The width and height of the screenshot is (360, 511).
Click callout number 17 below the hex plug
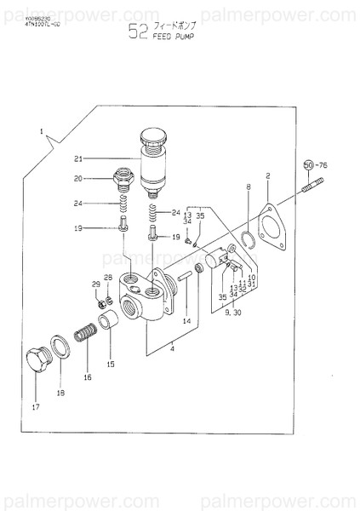(35, 406)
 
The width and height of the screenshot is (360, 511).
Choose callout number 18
(60, 393)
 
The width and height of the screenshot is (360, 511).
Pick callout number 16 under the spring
(86, 376)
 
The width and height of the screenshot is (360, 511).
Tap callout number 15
(110, 364)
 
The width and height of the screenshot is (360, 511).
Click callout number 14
(186, 322)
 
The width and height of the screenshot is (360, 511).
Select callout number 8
(249, 186)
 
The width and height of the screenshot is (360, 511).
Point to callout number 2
(267, 176)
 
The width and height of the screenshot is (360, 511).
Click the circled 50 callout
(308, 164)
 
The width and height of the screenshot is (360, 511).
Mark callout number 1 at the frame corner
(40, 131)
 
